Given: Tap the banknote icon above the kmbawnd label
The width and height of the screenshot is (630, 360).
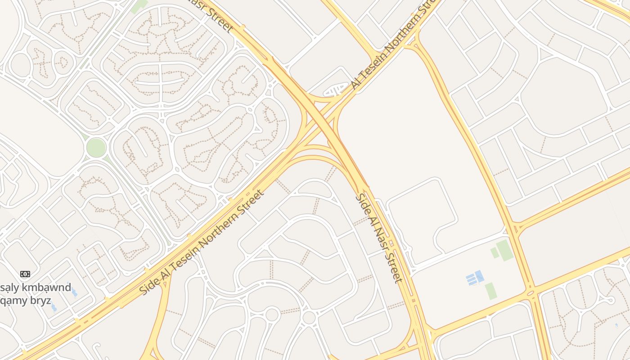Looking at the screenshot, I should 25,274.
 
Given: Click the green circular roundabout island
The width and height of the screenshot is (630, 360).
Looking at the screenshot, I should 96,148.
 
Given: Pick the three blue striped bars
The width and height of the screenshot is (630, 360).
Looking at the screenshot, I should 471,279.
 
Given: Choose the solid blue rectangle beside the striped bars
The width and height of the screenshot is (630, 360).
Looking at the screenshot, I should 480,275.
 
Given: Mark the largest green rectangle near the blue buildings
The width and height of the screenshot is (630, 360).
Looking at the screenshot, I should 505,250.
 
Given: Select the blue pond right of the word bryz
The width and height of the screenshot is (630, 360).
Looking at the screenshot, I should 54,308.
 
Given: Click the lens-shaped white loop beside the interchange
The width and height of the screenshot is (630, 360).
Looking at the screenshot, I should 336,91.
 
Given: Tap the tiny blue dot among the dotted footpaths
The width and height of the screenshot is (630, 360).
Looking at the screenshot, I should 616,324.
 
